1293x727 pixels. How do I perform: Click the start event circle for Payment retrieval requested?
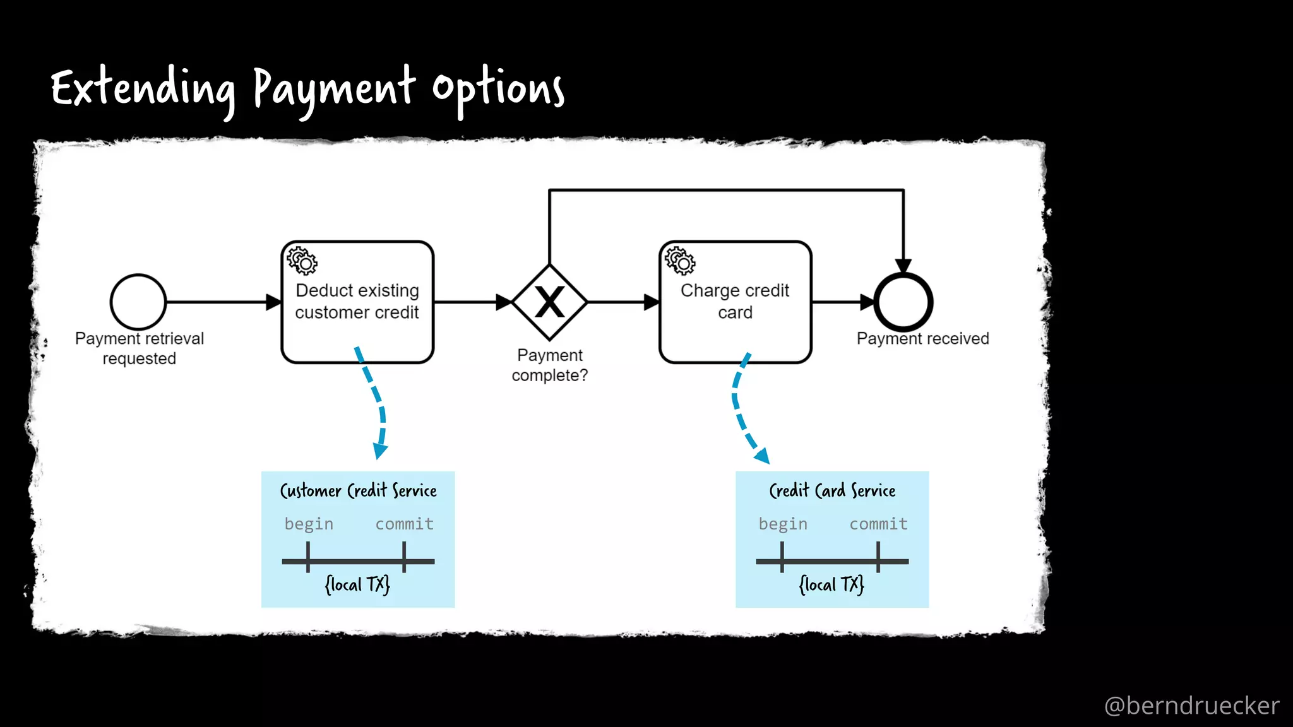point(138,302)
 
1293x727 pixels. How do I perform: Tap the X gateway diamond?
point(550,302)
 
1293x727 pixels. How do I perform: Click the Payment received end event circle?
point(903,302)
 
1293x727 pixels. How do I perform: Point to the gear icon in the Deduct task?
point(302,261)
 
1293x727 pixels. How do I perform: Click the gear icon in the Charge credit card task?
point(680,261)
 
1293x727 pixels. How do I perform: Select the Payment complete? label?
point(550,365)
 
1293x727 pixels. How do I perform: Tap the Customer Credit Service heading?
point(358,490)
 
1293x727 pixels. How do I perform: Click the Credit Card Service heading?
point(832,490)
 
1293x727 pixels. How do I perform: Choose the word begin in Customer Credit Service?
point(309,524)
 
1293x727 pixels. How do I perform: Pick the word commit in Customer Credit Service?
point(405,524)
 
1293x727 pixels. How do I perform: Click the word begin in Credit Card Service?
point(783,524)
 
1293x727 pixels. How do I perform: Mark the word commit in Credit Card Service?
point(878,524)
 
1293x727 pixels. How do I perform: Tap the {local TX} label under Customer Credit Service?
point(357,584)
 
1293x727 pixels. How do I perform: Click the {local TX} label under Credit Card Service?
point(831,584)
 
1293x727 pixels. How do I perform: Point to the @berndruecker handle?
point(1191,706)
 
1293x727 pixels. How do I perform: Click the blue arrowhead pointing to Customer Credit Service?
point(380,450)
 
